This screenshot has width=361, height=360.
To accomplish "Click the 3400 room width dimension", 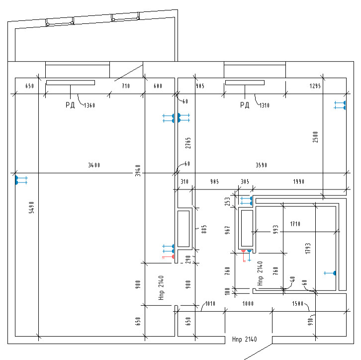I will tap(93, 165).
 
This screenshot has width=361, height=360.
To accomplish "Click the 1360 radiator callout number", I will tap(90, 105).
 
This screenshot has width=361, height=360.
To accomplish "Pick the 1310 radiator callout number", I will tap(264, 105).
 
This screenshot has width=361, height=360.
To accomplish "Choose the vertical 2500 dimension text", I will tap(315, 137).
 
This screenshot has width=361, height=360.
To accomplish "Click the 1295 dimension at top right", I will tap(315, 86).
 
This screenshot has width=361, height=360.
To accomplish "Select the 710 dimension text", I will tap(126, 86).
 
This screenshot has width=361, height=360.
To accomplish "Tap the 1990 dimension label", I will tap(299, 182).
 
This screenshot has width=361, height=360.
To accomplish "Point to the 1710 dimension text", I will tap(295, 224).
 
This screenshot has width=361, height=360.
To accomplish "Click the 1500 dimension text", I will tap(298, 303).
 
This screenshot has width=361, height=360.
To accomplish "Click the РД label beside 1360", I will tap(70, 105).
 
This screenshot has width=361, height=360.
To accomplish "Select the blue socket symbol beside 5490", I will tap(21, 180).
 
